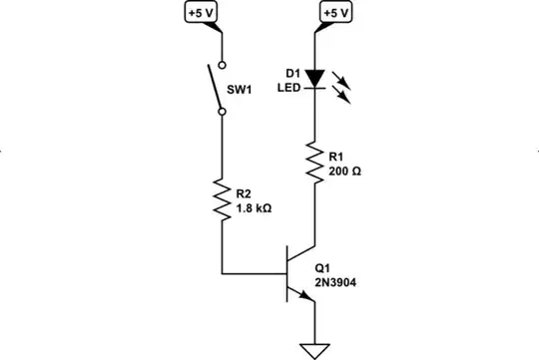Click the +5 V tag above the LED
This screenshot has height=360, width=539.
336,13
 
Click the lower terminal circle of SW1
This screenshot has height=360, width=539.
221,112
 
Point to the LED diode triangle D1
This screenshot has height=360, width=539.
315,78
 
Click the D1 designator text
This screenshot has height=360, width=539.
290,73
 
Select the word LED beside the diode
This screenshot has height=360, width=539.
289,88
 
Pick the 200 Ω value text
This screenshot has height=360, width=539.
343,172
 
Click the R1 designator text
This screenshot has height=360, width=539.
336,158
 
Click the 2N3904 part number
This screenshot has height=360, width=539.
335,282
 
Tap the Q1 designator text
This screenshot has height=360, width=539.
321,268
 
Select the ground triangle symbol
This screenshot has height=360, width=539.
315,349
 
